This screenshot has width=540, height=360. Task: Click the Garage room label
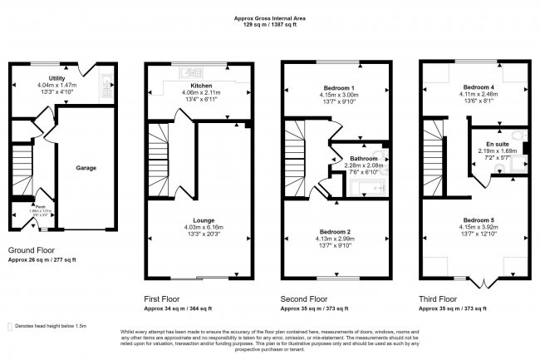pyautogui.click(x=86, y=168)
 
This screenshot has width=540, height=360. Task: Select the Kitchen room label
pyautogui.click(x=203, y=86)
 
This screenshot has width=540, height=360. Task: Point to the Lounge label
pyautogui.click(x=203, y=220)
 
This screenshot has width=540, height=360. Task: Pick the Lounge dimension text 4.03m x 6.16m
pyautogui.click(x=203, y=228)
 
